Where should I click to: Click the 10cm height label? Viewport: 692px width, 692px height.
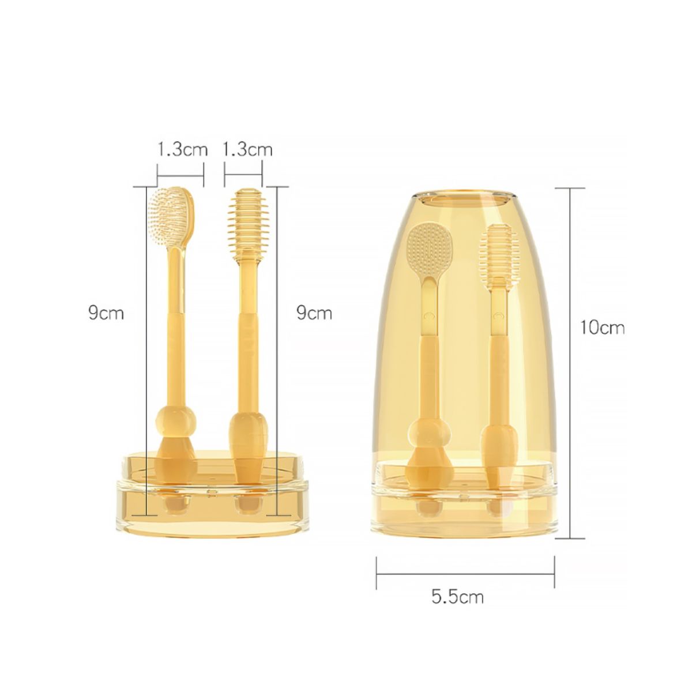point(602,327)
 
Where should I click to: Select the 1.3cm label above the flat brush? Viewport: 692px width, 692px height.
point(182,150)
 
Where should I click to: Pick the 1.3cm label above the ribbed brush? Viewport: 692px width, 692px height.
point(247,150)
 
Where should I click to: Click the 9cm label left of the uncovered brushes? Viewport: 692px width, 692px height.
point(106,313)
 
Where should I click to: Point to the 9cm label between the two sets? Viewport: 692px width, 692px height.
point(314,313)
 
